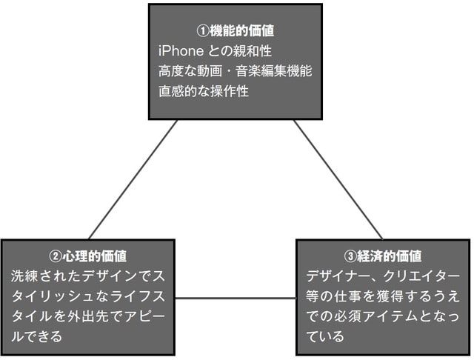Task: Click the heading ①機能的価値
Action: (235, 32)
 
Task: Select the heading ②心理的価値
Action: (88, 256)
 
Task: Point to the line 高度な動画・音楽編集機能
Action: (235, 72)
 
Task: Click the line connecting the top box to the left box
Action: (133, 179)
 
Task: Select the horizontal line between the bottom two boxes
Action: (236, 299)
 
